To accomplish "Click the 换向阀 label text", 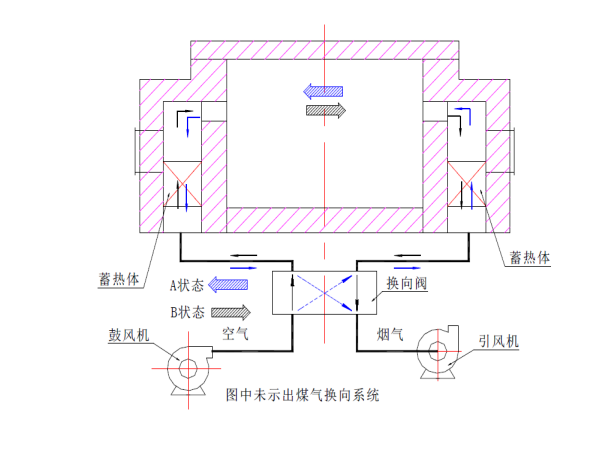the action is (407, 283).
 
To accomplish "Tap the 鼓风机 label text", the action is (128, 335).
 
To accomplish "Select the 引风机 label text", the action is (498, 341).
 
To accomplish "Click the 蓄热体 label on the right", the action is (529, 258).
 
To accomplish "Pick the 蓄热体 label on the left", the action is (119, 279).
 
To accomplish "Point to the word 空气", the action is (235, 334).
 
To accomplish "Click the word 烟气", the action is (390, 335).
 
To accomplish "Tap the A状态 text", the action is (187, 285).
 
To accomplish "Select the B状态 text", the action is (187, 313).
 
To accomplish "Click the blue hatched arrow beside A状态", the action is (228, 285).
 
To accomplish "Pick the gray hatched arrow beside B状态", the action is (231, 313).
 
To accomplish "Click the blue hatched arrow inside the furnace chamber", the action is (323, 92).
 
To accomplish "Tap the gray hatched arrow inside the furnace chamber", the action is (326, 111).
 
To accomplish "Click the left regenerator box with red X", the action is (182, 184).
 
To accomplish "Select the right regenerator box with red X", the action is (466, 184).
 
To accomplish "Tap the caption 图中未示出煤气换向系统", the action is (303, 395).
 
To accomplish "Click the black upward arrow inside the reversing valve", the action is (292, 292).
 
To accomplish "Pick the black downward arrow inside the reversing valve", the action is (357, 292).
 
